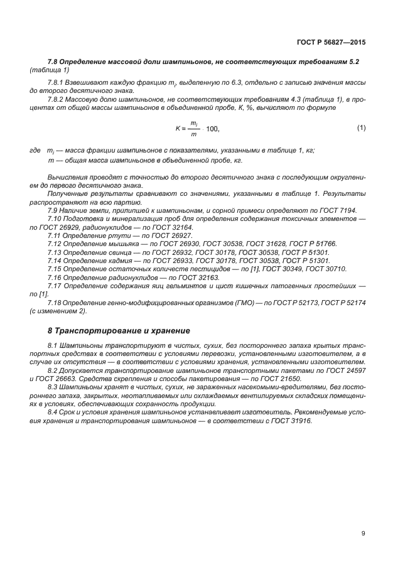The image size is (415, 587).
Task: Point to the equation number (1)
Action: click(x=361, y=128)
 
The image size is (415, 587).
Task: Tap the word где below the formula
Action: click(x=35, y=151)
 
